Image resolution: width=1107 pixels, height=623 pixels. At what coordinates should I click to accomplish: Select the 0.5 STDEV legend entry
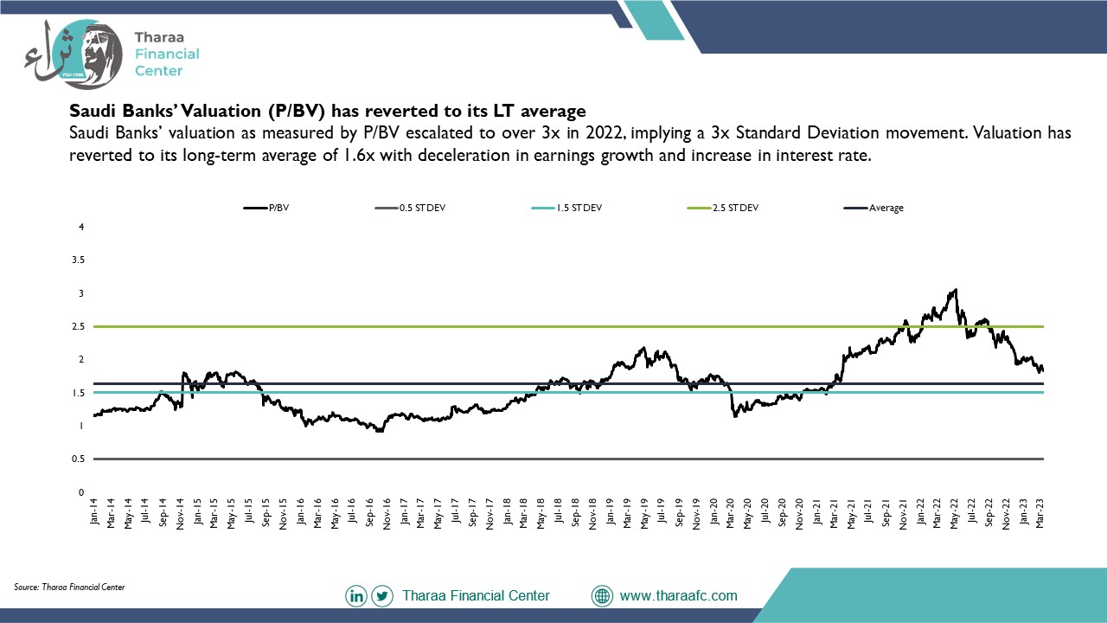(410, 209)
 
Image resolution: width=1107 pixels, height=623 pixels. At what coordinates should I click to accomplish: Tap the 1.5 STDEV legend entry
(566, 209)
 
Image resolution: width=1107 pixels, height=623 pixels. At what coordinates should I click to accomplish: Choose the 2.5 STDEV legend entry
(722, 209)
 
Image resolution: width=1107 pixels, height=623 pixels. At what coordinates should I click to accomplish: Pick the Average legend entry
(873, 209)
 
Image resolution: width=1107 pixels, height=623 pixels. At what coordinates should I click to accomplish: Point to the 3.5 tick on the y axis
(78, 260)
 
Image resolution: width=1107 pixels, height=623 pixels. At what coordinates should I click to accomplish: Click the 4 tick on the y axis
(81, 227)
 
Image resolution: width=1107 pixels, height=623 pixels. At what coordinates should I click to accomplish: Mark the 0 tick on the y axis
(81, 492)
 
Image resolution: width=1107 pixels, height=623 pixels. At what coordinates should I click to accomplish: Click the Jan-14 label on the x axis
(94, 511)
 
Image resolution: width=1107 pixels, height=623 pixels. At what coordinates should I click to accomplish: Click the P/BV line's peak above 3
(956, 290)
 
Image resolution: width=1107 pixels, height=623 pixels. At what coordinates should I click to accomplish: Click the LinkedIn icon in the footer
(356, 596)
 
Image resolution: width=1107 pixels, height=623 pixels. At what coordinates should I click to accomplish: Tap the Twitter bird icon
(382, 596)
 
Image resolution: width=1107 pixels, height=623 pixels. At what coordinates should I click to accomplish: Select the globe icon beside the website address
(602, 596)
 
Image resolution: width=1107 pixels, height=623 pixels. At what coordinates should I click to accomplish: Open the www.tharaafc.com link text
(679, 596)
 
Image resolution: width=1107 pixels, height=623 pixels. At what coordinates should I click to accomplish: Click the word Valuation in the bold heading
(221, 111)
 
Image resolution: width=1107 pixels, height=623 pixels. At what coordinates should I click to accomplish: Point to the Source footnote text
(69, 588)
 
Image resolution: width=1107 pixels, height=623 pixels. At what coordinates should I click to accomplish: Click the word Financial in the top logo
(167, 54)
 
